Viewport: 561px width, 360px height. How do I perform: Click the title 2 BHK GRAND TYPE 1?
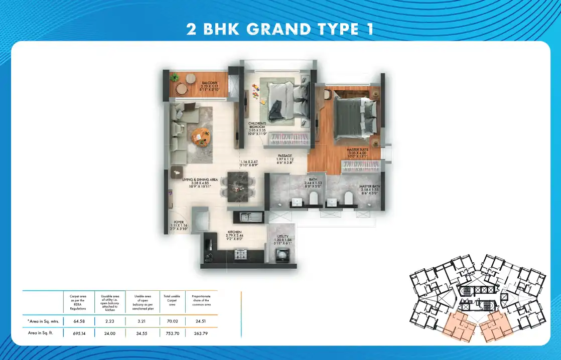(280, 29)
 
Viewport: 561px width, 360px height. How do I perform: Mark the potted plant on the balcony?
(175, 78)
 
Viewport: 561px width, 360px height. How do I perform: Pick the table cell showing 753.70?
(172, 332)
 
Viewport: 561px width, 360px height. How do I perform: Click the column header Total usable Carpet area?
(172, 300)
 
